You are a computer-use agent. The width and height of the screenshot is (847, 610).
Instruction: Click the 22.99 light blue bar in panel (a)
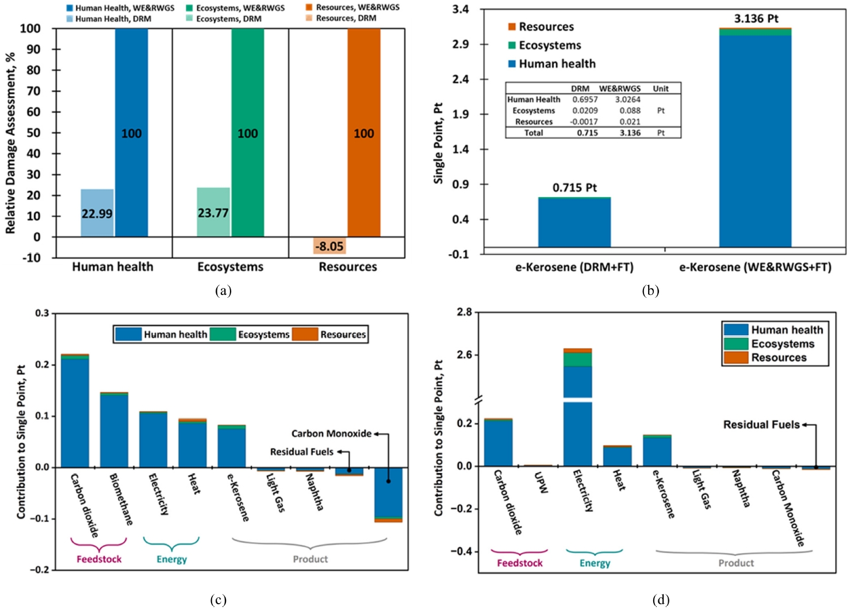point(97,213)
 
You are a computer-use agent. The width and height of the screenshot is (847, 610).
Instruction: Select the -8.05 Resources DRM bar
point(330,245)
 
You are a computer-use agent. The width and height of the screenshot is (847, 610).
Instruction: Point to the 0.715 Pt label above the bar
point(574,188)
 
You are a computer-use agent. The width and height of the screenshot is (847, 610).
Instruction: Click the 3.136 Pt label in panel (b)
point(756,19)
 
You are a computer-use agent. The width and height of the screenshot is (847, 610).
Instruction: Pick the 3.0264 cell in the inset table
point(627,99)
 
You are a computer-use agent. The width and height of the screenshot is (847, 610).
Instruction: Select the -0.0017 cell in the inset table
point(584,121)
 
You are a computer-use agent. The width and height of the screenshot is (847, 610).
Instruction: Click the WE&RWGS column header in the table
point(620,89)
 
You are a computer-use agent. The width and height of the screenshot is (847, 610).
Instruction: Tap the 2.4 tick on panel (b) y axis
point(461,79)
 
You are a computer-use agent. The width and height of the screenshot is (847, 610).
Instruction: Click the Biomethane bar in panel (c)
point(114,429)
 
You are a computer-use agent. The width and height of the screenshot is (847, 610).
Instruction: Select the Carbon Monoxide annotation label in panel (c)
point(331,433)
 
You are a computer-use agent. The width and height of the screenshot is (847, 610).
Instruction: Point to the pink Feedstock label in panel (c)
point(99,559)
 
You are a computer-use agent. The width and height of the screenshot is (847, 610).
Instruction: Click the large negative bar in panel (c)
point(389,494)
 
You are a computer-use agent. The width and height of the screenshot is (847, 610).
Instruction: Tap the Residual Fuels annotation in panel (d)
point(761,425)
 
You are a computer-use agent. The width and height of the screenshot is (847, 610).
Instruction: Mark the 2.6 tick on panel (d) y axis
point(464,355)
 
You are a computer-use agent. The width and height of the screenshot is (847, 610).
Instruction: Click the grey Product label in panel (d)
point(735,563)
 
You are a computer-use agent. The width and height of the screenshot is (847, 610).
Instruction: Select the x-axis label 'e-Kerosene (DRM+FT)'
point(574,267)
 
